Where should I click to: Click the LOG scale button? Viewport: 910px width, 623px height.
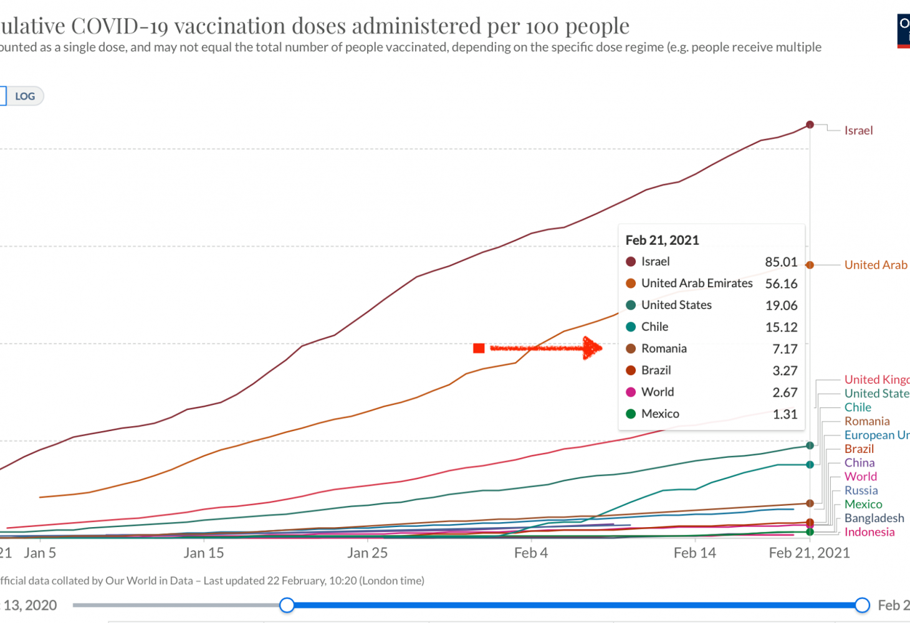pyautogui.click(x=25, y=96)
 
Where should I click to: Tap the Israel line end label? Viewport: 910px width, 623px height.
pyautogui.click(x=858, y=130)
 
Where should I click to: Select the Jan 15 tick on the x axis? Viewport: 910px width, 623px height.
pyautogui.click(x=204, y=553)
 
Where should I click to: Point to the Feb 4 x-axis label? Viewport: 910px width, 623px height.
pyautogui.click(x=531, y=553)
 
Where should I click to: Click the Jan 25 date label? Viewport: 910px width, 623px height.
pyautogui.click(x=367, y=553)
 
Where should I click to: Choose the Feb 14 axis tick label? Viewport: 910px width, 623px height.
pyautogui.click(x=694, y=553)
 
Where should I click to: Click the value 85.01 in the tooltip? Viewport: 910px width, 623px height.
pyautogui.click(x=781, y=262)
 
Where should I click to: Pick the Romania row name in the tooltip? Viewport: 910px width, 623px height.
pyautogui.click(x=664, y=348)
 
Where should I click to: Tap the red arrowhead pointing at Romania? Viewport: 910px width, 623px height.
pyautogui.click(x=592, y=348)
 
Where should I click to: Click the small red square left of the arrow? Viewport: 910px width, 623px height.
pyautogui.click(x=479, y=348)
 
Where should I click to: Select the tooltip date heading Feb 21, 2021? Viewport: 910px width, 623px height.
pyautogui.click(x=662, y=240)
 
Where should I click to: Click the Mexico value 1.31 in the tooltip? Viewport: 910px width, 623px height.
pyautogui.click(x=785, y=414)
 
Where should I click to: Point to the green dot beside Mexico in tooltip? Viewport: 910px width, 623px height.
pyautogui.click(x=631, y=414)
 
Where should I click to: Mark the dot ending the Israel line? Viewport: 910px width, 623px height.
pyautogui.click(x=810, y=125)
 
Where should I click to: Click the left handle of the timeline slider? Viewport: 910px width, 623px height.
pyautogui.click(x=287, y=604)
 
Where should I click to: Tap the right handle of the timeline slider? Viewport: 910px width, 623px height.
pyautogui.click(x=862, y=604)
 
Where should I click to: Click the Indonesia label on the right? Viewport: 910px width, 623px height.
pyautogui.click(x=869, y=531)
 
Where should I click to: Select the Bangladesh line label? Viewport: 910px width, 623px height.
pyautogui.click(x=874, y=518)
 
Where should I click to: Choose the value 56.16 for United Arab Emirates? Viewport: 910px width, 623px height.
pyautogui.click(x=781, y=283)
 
